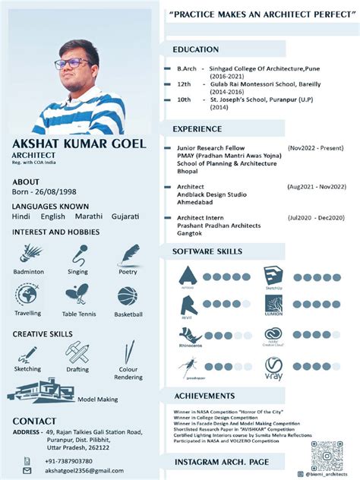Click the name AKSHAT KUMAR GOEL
[x=80, y=144]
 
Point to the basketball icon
[x=128, y=295]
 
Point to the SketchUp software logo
[x=273, y=276]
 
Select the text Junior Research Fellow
[x=211, y=147]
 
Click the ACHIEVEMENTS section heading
[x=204, y=396]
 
